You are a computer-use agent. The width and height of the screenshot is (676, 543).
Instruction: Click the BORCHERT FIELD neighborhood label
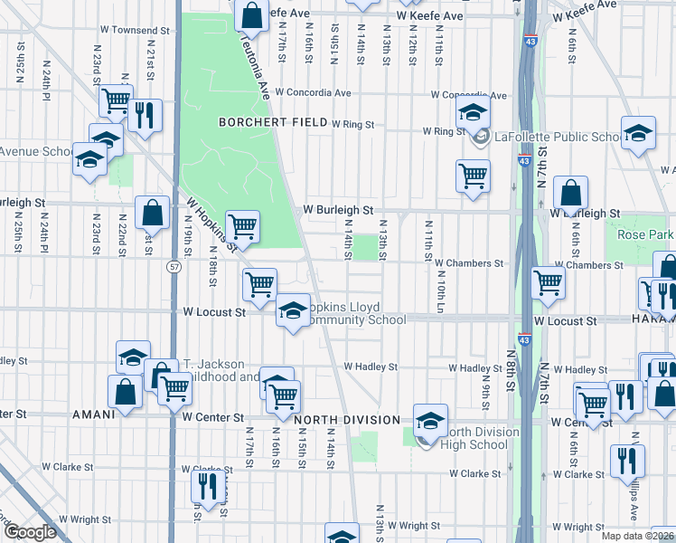tap(272, 121)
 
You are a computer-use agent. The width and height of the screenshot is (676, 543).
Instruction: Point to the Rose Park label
tap(645, 235)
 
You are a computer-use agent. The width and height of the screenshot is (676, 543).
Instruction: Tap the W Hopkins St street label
tap(211, 224)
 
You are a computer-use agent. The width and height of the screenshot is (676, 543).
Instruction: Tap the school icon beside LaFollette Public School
tap(471, 115)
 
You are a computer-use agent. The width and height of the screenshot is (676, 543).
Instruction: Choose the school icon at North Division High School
tap(430, 419)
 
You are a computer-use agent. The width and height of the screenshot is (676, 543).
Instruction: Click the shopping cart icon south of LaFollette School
tap(472, 176)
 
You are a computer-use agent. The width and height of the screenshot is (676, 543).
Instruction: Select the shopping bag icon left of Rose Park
tap(570, 192)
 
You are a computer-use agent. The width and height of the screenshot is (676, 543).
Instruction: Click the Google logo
tap(30, 532)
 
